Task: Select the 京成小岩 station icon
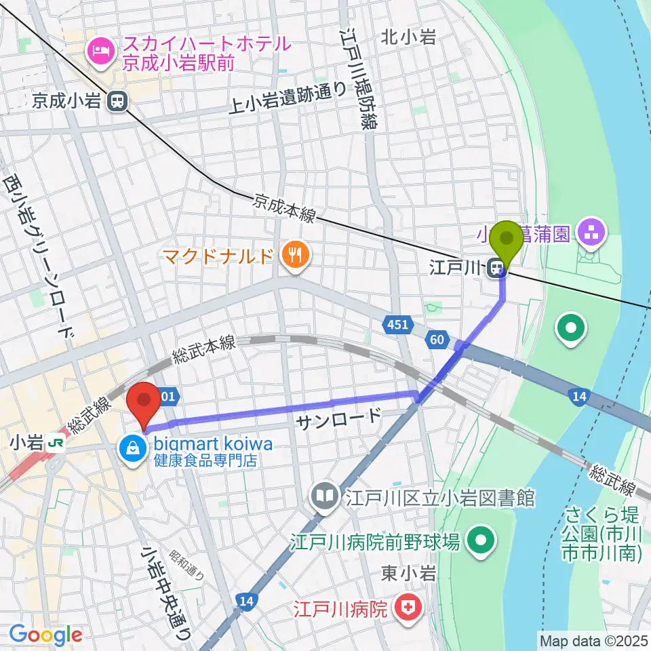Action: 118,101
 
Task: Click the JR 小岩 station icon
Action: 59,443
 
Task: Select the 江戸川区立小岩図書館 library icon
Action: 326,498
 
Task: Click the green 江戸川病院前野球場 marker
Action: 481,541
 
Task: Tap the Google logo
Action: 46,634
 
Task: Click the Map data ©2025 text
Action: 594,639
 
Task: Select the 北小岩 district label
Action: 408,37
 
